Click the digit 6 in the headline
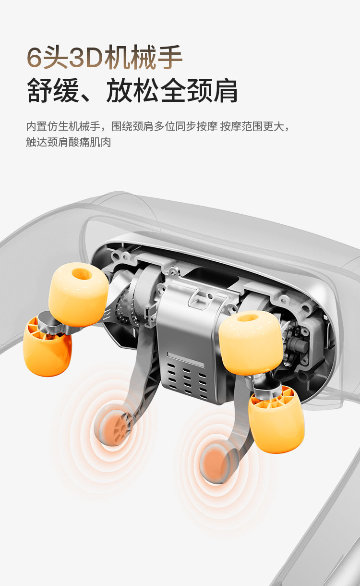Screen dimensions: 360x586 tap(34, 58)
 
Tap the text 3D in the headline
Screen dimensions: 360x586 tap(86, 58)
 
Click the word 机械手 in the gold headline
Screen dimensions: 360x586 tap(143, 57)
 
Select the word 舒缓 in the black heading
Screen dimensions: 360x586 tap(53, 90)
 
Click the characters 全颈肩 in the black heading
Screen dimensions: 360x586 tap(199, 90)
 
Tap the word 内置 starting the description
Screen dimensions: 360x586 tap(36, 126)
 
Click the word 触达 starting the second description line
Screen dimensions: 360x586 tap(36, 142)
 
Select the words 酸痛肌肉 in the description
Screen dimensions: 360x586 tap(90, 142)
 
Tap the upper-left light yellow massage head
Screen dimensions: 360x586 tap(78, 294)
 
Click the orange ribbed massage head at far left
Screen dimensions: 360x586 tap(47, 347)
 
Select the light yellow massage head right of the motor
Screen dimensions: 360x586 tap(251, 342)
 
